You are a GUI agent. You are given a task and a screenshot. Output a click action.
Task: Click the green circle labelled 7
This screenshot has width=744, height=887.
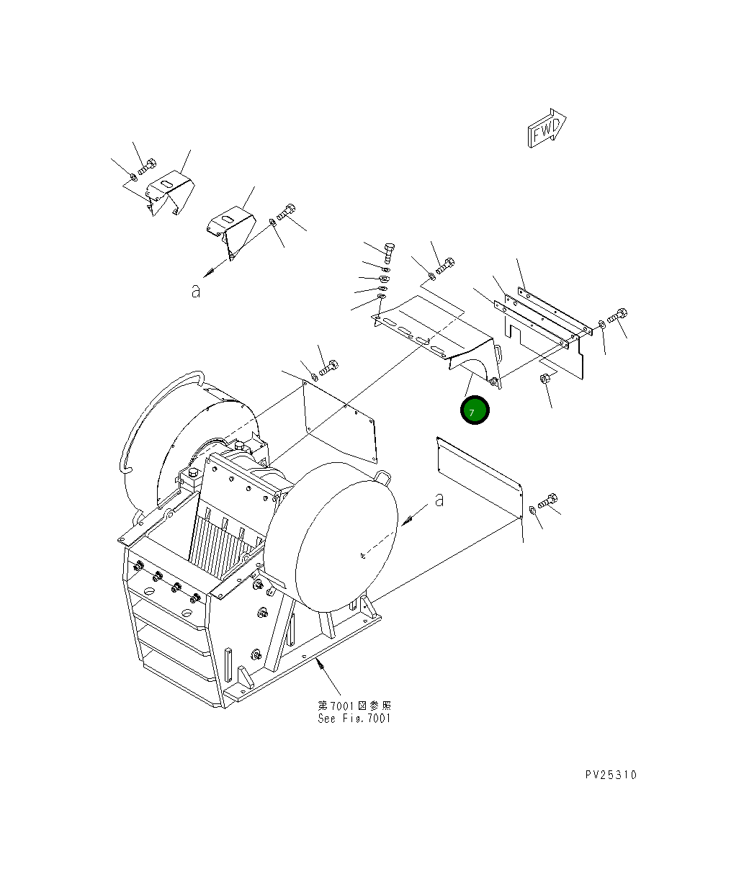[x=475, y=411]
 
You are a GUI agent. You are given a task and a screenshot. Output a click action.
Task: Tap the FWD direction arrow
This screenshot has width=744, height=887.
[x=547, y=130]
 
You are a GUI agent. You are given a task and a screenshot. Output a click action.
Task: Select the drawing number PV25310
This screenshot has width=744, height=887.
[x=611, y=775]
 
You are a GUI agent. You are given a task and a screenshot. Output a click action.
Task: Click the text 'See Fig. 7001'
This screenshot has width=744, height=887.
[x=354, y=719]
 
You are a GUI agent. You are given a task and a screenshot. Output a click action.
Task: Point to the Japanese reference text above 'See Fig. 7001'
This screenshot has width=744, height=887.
[x=354, y=706]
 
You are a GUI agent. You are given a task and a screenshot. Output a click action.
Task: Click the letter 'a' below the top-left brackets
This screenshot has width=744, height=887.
[x=195, y=291]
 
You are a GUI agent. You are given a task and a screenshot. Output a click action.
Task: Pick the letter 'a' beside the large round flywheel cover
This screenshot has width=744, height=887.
[x=439, y=499]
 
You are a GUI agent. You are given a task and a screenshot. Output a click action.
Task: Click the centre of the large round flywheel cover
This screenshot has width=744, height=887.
[x=346, y=533]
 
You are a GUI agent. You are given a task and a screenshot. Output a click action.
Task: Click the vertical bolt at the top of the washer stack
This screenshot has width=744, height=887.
[x=388, y=253]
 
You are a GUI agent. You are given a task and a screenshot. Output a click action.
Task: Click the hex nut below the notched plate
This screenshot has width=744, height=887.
[x=545, y=379]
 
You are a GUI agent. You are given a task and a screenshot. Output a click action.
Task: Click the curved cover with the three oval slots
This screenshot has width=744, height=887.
[x=432, y=335]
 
